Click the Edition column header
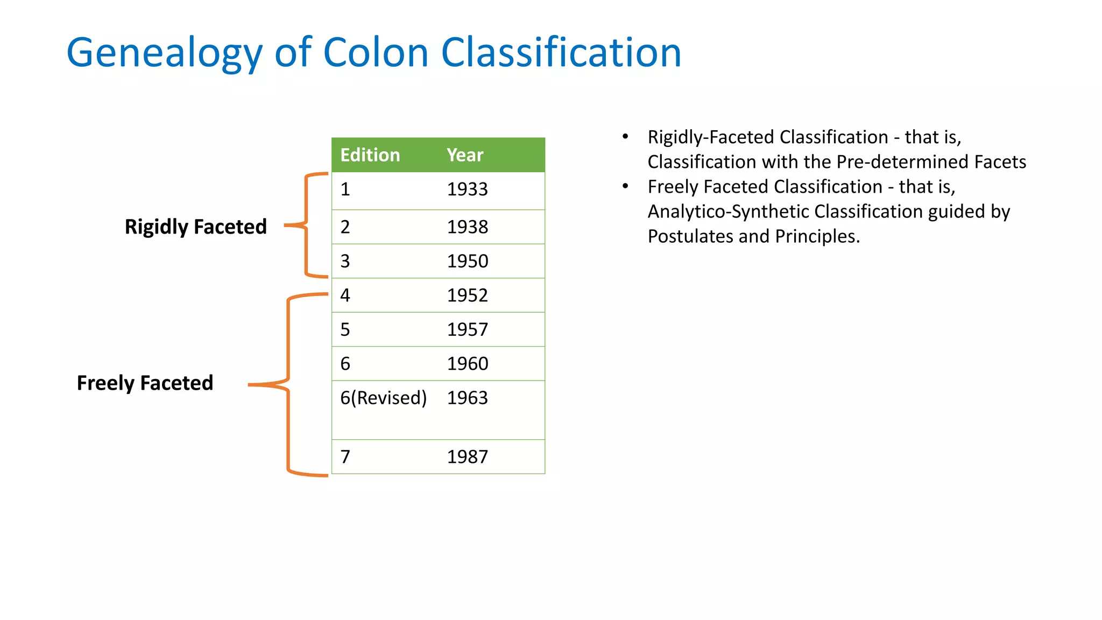[370, 155]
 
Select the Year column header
[465, 155]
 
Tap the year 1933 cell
[467, 189]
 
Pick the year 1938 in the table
[467, 227]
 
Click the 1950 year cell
[467, 262]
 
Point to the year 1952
[467, 295]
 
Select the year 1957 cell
[467, 329]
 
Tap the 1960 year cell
[467, 364]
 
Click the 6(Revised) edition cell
[383, 398]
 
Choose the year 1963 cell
[467, 398]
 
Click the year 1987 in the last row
[467, 457]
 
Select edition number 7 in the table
[345, 457]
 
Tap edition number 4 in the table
[345, 295]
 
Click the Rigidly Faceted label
[195, 227]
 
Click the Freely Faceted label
[145, 383]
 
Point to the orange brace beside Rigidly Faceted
[306, 225]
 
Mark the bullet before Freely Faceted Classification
[625, 186]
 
